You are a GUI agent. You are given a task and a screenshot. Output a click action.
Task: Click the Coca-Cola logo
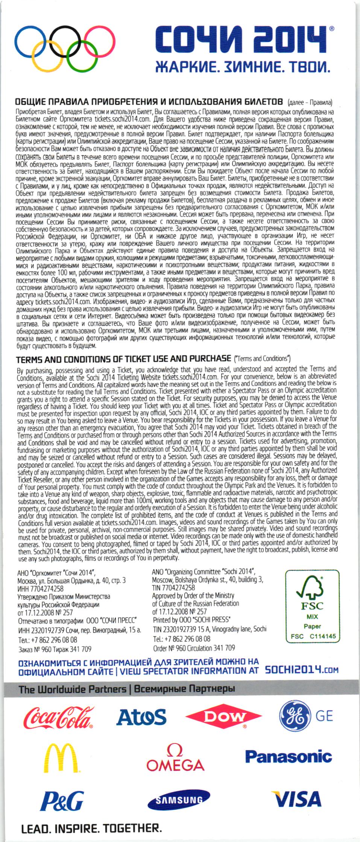(x=58, y=718)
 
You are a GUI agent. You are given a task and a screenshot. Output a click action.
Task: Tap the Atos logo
(x=141, y=717)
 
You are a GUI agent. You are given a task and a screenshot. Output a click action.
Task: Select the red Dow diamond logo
(x=223, y=717)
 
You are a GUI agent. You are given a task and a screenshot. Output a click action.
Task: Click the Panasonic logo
(x=289, y=757)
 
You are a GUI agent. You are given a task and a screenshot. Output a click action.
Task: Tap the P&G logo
(x=62, y=801)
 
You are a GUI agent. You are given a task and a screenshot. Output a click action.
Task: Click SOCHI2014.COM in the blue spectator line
(x=301, y=670)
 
